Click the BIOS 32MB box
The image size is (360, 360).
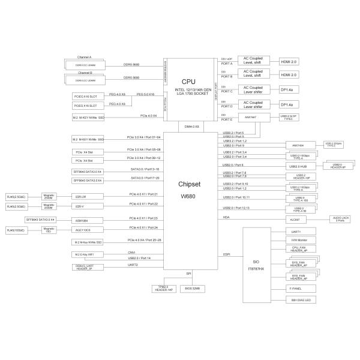192,288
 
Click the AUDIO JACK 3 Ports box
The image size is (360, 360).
339,220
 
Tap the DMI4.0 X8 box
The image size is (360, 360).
190,127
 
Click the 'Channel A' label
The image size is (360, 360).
83,57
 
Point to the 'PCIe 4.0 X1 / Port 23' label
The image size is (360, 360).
143,218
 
